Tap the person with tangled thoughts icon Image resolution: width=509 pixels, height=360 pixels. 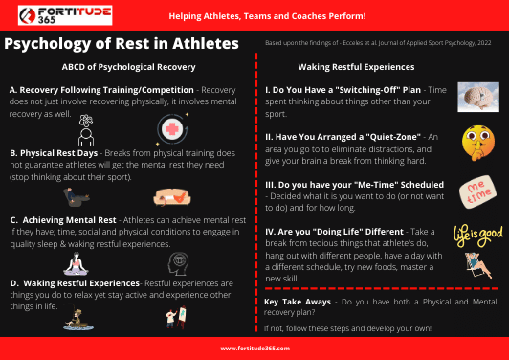(x=84, y=128)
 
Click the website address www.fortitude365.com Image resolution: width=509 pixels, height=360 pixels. (x=254, y=349)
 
